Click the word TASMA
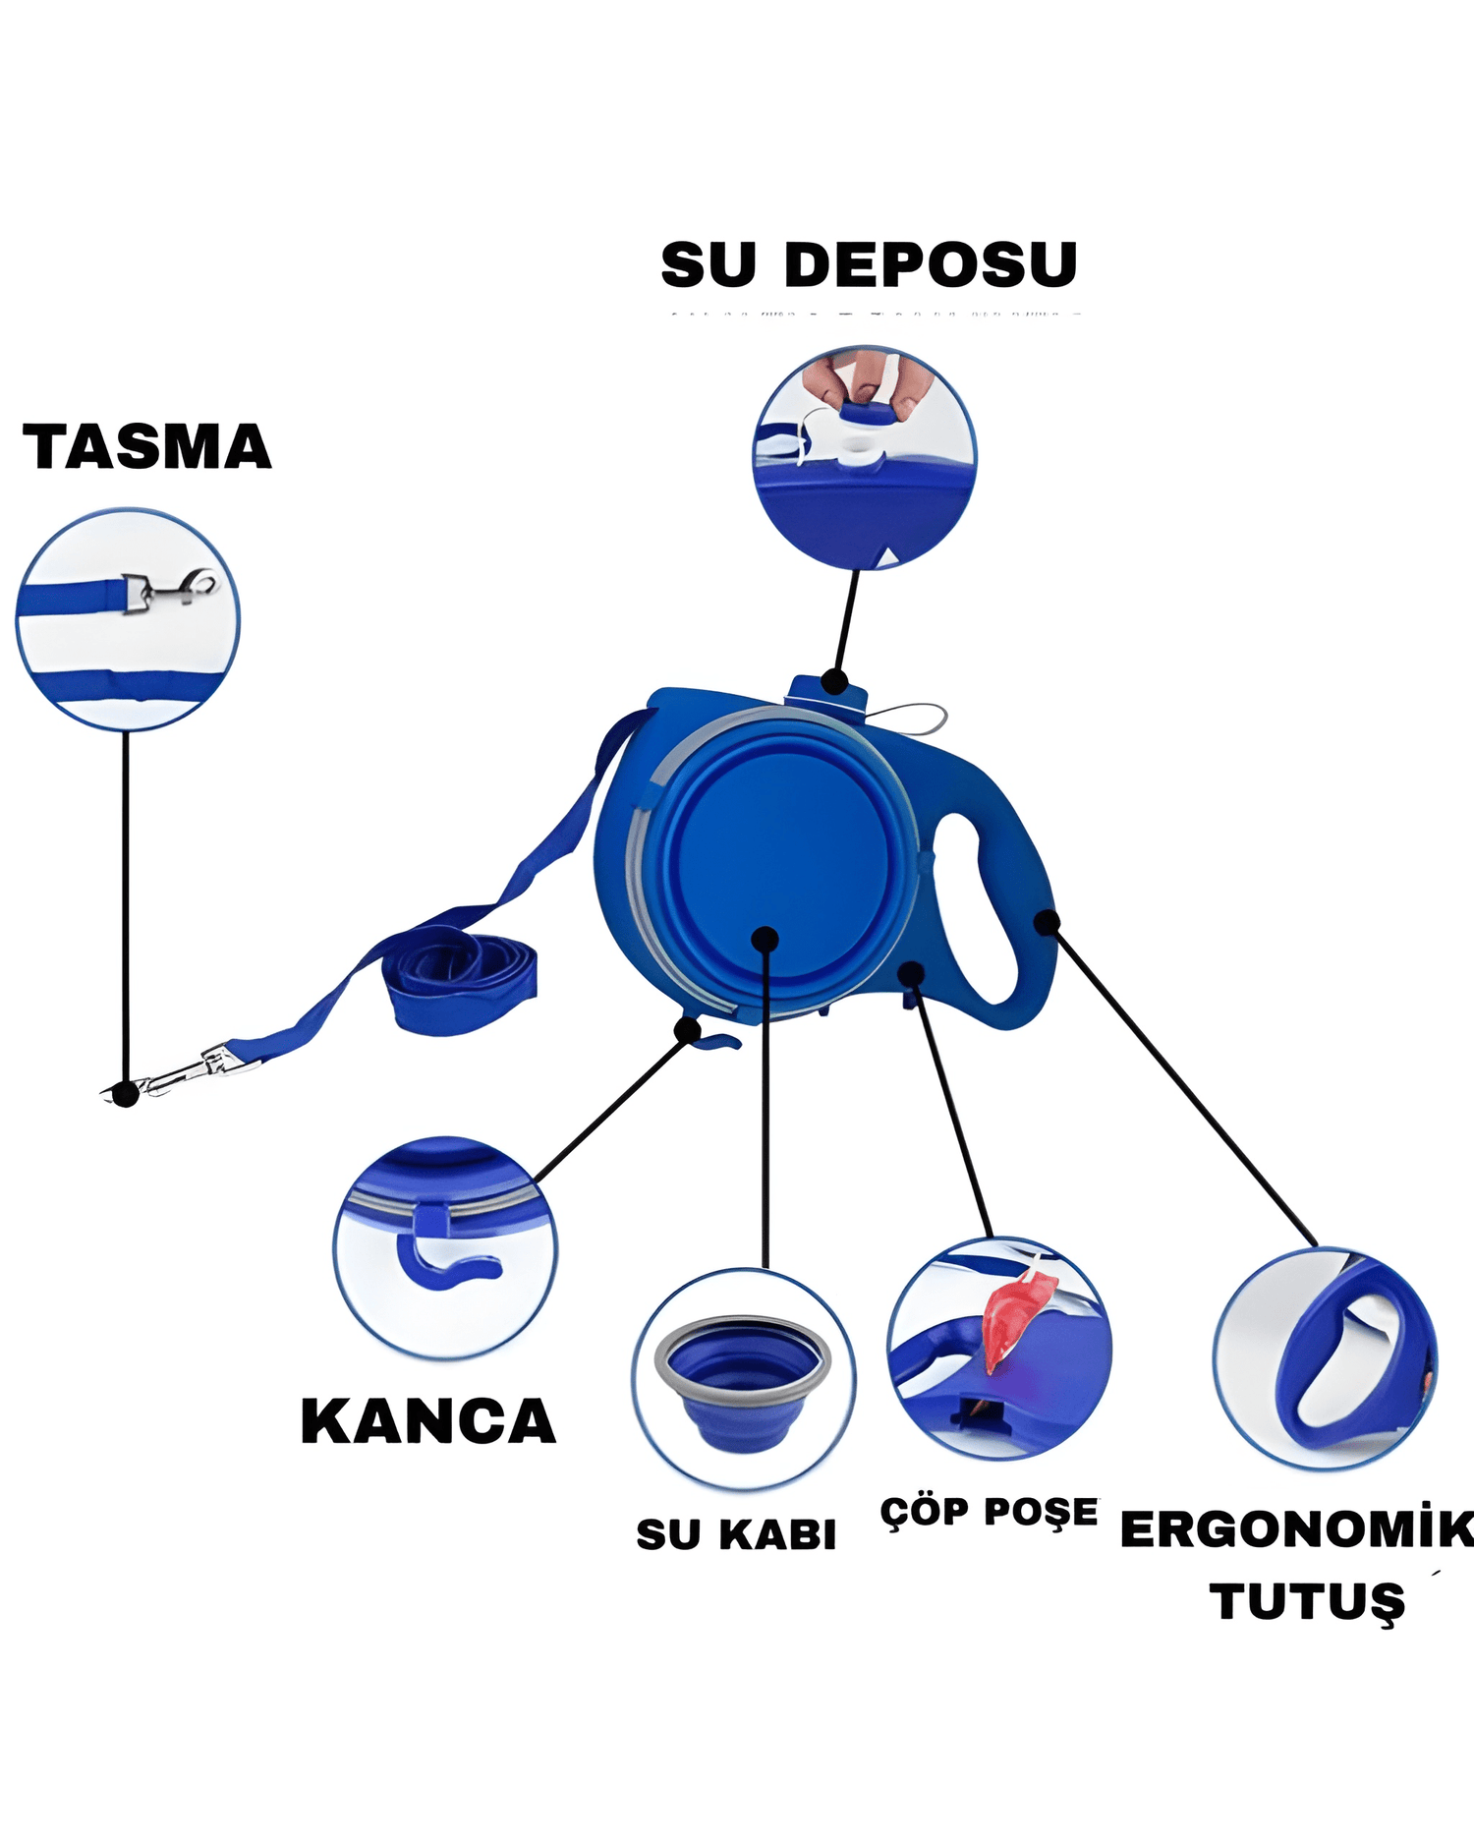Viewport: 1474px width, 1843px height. [146, 447]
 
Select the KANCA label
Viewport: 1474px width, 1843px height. [428, 1421]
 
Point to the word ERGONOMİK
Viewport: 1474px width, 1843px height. [1295, 1529]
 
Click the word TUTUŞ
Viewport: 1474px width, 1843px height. [1307, 1602]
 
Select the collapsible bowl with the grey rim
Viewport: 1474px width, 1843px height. [744, 1377]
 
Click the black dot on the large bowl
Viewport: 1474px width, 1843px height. [765, 940]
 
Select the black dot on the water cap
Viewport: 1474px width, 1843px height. [834, 680]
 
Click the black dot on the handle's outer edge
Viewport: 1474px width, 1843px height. [1048, 922]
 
